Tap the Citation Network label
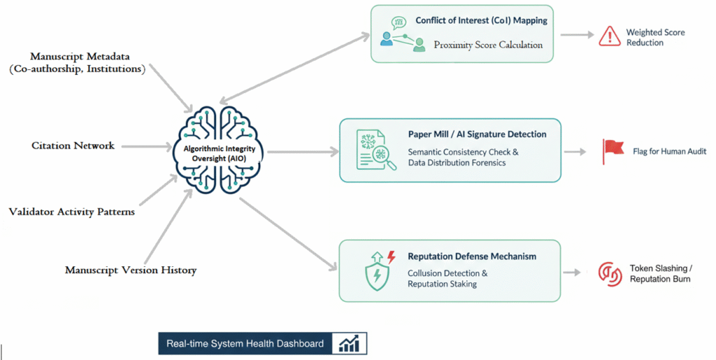73,145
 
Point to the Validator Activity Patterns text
71,212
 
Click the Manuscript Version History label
131,270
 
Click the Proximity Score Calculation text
487,45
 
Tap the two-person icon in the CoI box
402,41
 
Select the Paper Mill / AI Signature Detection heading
477,134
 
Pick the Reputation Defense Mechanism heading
472,257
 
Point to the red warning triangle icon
610,36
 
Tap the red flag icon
613,150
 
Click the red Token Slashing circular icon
610,273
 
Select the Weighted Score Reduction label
655,38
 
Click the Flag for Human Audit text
670,151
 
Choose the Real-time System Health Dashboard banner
245,343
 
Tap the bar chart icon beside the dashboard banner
349,343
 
